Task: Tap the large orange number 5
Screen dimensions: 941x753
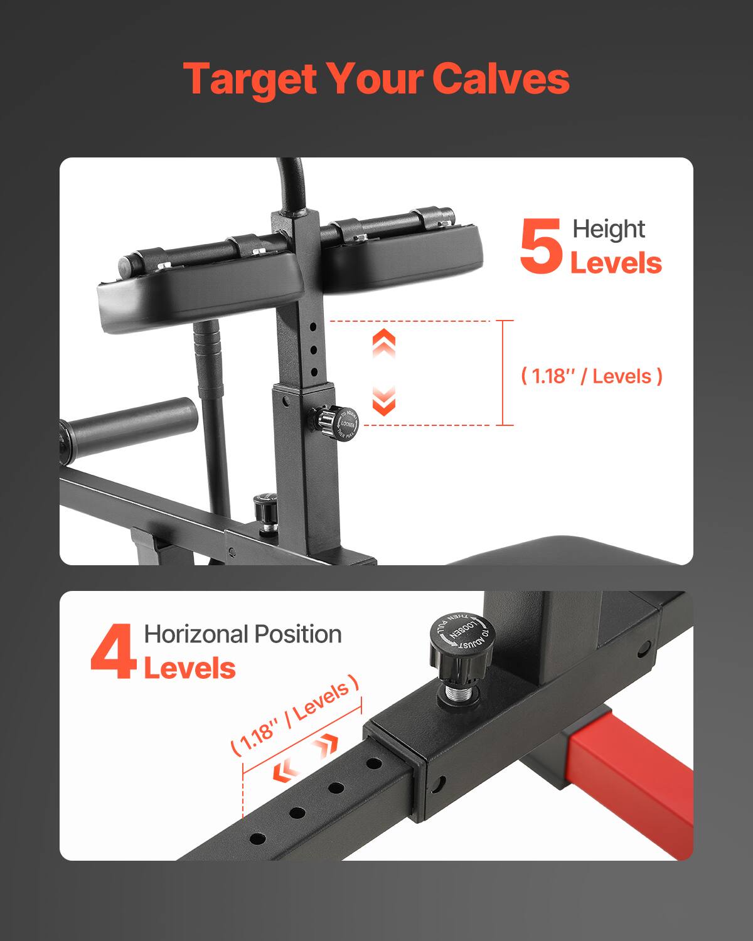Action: click(540, 247)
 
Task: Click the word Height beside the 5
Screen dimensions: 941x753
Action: click(608, 229)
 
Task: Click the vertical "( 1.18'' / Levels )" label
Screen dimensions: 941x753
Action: click(592, 376)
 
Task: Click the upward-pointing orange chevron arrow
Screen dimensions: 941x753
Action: click(384, 343)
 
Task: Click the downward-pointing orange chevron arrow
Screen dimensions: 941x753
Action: click(384, 401)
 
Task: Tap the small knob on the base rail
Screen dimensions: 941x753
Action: click(265, 511)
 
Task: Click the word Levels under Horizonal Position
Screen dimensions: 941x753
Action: click(190, 668)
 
